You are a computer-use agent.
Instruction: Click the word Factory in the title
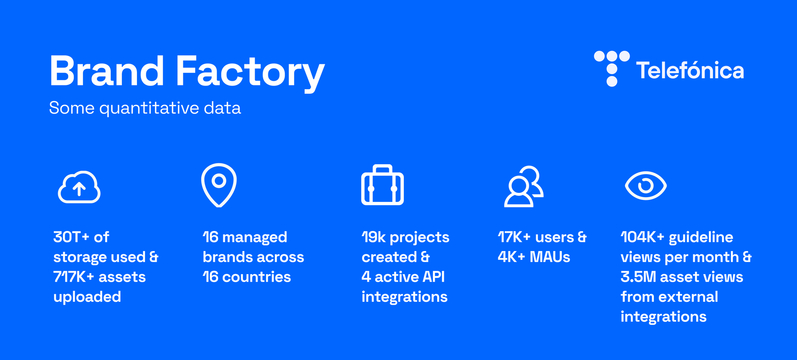(250, 73)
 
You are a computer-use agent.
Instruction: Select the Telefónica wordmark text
(690, 70)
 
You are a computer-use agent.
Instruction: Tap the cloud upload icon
(79, 187)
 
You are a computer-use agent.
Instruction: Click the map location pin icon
(219, 185)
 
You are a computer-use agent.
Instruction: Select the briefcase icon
(382, 185)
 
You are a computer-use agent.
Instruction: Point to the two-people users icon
(524, 186)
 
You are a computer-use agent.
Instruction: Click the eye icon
(646, 185)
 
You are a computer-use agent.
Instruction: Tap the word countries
(257, 277)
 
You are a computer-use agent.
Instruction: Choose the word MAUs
(550, 257)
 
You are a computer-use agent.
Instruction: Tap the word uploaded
(87, 297)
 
